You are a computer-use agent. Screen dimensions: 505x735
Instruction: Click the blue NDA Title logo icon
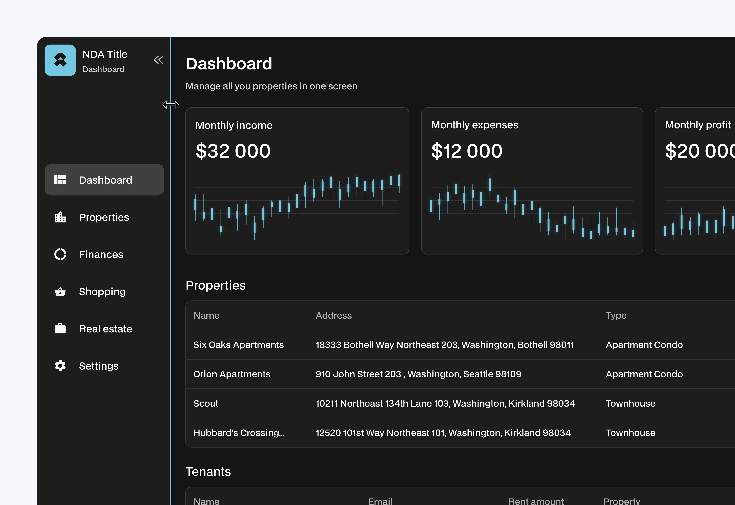click(x=60, y=60)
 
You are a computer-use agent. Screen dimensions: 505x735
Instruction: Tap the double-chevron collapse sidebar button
click(x=158, y=60)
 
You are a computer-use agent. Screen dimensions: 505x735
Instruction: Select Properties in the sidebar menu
click(x=104, y=217)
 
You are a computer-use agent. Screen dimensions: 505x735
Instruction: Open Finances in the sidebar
click(x=101, y=254)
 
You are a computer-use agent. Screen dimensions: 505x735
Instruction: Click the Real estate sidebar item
click(x=105, y=329)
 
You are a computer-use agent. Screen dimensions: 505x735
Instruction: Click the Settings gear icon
click(x=60, y=366)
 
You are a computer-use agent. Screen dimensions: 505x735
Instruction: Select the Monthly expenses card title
click(x=475, y=125)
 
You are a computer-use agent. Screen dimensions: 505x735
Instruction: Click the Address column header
click(x=334, y=315)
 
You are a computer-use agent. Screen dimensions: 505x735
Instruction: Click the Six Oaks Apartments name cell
click(x=238, y=345)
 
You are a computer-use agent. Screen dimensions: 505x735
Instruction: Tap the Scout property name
click(x=206, y=403)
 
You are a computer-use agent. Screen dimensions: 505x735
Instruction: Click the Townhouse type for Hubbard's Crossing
click(x=630, y=433)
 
